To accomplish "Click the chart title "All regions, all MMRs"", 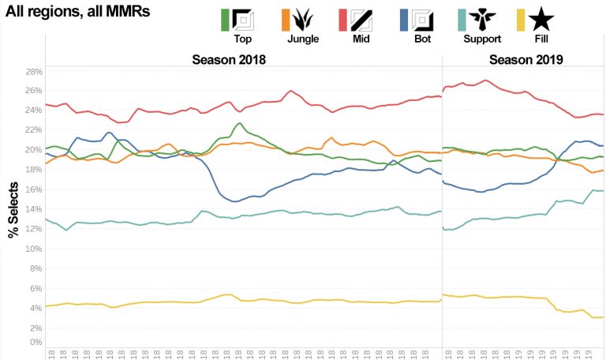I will pyautogui.click(x=77, y=13).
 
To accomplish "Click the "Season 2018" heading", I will pyautogui.click(x=229, y=60).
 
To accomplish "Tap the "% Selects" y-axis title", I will pyautogui.click(x=13, y=207).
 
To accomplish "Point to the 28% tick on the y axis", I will pyautogui.click(x=33, y=71).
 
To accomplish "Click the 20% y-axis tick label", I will pyautogui.click(x=33, y=150).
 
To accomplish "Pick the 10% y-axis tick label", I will pyautogui.click(x=33, y=249).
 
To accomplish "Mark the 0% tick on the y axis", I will pyautogui.click(x=35, y=343).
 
